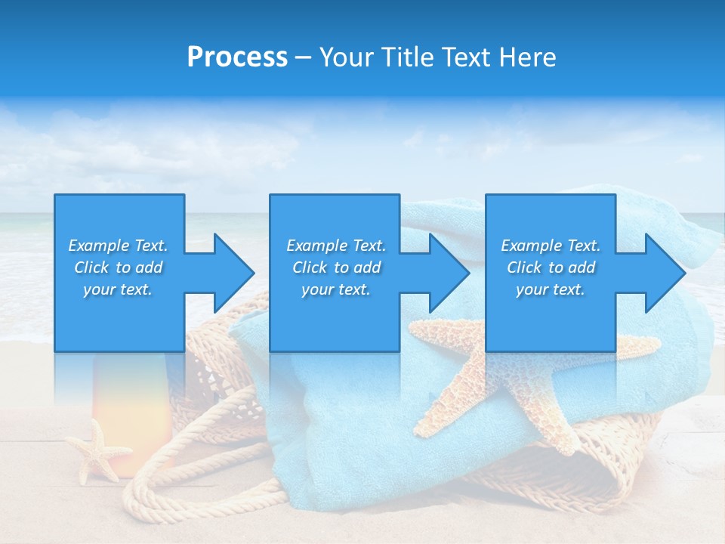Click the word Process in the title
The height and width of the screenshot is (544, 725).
[237, 57]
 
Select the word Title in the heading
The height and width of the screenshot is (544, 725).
[406, 57]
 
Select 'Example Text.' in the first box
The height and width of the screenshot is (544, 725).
[118, 246]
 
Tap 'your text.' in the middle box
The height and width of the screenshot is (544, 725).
[335, 289]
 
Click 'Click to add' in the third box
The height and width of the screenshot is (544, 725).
[551, 267]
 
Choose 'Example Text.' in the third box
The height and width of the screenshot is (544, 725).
[551, 246]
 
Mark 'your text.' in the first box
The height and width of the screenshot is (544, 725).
[118, 289]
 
